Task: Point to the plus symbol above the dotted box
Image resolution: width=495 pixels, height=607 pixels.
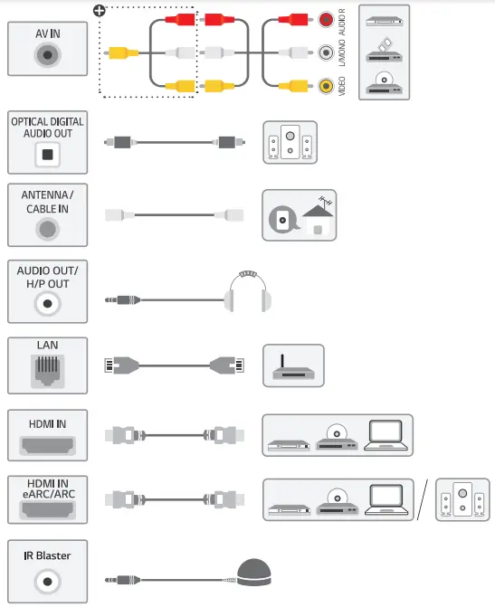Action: [99, 11]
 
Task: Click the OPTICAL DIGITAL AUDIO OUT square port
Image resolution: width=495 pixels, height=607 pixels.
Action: [48, 155]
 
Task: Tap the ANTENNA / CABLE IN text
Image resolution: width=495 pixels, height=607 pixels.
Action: [48, 201]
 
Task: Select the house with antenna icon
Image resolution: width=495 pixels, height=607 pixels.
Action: [299, 215]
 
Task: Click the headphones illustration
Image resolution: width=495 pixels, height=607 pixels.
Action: [246, 293]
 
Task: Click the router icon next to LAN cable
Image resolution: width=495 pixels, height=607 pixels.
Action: [292, 366]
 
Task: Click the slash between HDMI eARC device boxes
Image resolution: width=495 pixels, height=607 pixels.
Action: [424, 500]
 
